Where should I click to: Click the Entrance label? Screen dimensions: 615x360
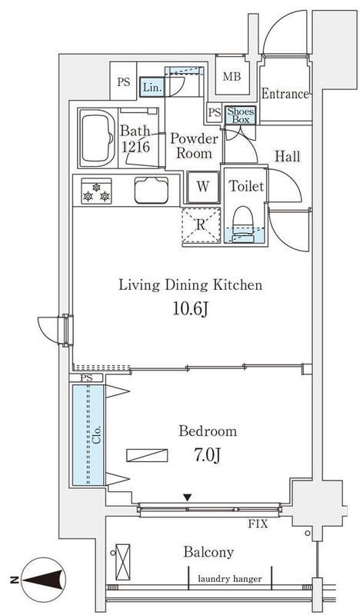[285, 95]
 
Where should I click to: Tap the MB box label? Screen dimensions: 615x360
[231, 76]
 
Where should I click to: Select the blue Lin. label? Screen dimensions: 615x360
[151, 88]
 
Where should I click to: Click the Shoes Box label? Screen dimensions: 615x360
[239, 115]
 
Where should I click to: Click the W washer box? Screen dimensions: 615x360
[202, 186]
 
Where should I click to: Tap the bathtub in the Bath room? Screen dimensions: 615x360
[98, 138]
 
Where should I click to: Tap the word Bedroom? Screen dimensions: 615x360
[207, 430]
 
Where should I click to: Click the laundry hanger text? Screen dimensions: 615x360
[228, 579]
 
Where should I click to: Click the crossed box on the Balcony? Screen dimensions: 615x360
[122, 562]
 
